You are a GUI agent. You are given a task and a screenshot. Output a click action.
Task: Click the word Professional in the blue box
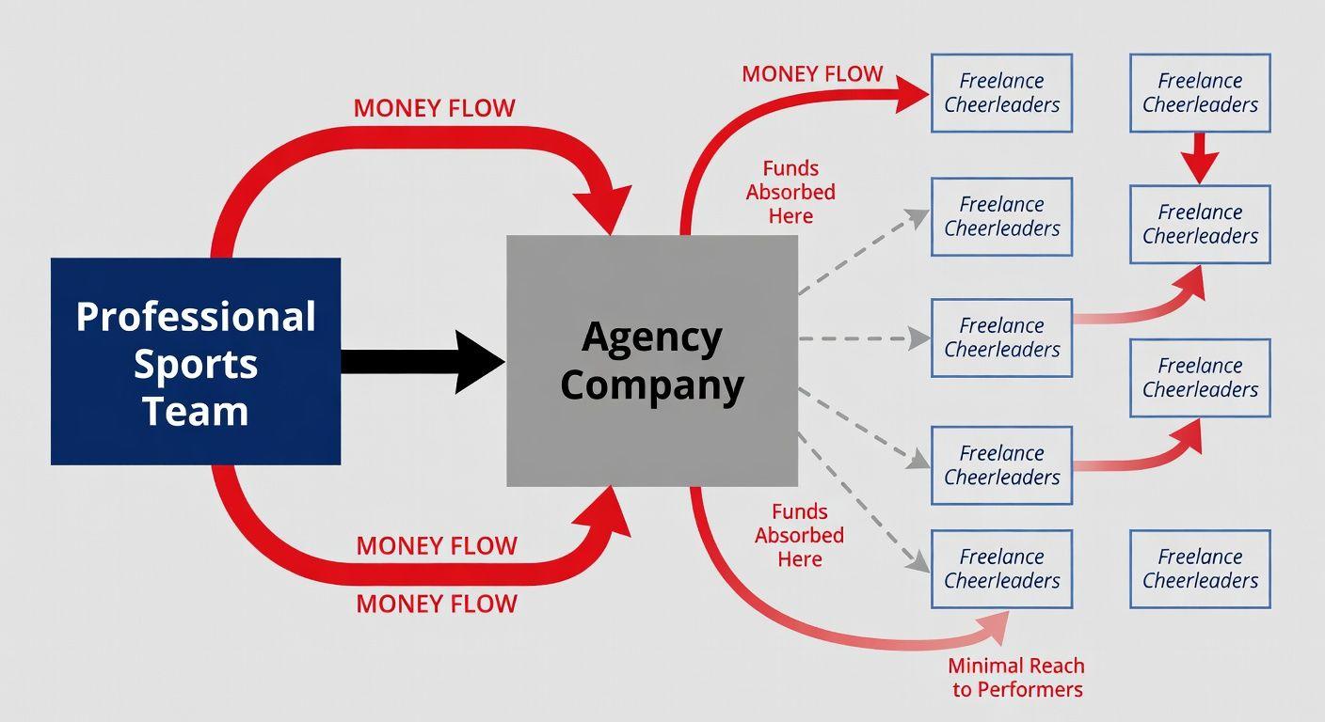[x=196, y=317]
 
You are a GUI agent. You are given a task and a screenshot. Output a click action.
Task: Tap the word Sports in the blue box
[x=196, y=364]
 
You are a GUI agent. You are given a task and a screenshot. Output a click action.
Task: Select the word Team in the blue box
[x=196, y=411]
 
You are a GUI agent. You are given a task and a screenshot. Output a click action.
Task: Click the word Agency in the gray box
[x=652, y=337]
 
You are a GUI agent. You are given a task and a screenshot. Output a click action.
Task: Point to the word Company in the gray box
[x=652, y=385]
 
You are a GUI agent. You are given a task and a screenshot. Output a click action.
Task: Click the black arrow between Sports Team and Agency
[x=423, y=362]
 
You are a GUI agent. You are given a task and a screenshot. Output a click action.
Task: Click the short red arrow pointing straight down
[x=1200, y=158]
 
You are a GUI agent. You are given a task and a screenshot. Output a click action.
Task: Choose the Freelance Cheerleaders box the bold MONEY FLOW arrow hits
[x=1001, y=92]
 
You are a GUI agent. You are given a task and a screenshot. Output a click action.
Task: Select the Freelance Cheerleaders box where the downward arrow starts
[x=1200, y=92]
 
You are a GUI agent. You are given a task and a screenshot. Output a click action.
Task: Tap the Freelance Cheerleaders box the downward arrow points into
[x=1200, y=224]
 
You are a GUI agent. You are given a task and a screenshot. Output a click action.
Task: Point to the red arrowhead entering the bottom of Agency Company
[x=607, y=512]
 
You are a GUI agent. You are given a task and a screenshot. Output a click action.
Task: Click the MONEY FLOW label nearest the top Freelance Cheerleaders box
[x=812, y=73]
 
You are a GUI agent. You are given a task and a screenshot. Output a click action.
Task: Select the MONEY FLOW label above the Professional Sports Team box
[x=434, y=108]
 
